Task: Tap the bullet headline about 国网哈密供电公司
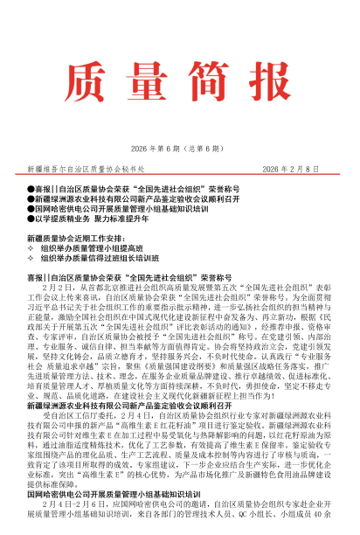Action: [x=121, y=209]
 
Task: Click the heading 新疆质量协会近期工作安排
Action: [x=79, y=238]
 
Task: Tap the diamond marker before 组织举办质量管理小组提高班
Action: [x=32, y=248]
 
